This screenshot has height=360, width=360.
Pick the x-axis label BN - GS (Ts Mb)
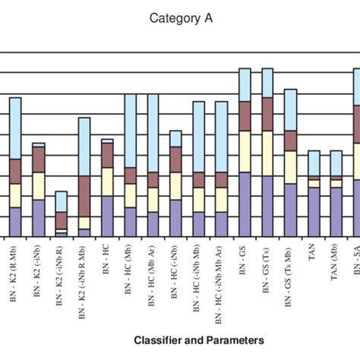pyautogui.click(x=289, y=273)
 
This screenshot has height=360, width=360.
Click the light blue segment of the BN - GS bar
pyautogui.click(x=245, y=84)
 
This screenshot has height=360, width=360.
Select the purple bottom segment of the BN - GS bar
pyautogui.click(x=245, y=204)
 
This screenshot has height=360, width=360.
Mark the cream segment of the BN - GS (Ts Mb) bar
pyautogui.click(x=290, y=167)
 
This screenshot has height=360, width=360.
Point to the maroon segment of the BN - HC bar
pyautogui.click(x=107, y=155)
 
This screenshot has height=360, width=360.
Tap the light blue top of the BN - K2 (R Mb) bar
pyautogui.click(x=14, y=128)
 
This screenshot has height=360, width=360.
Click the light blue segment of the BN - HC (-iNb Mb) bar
pyautogui.click(x=198, y=136)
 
